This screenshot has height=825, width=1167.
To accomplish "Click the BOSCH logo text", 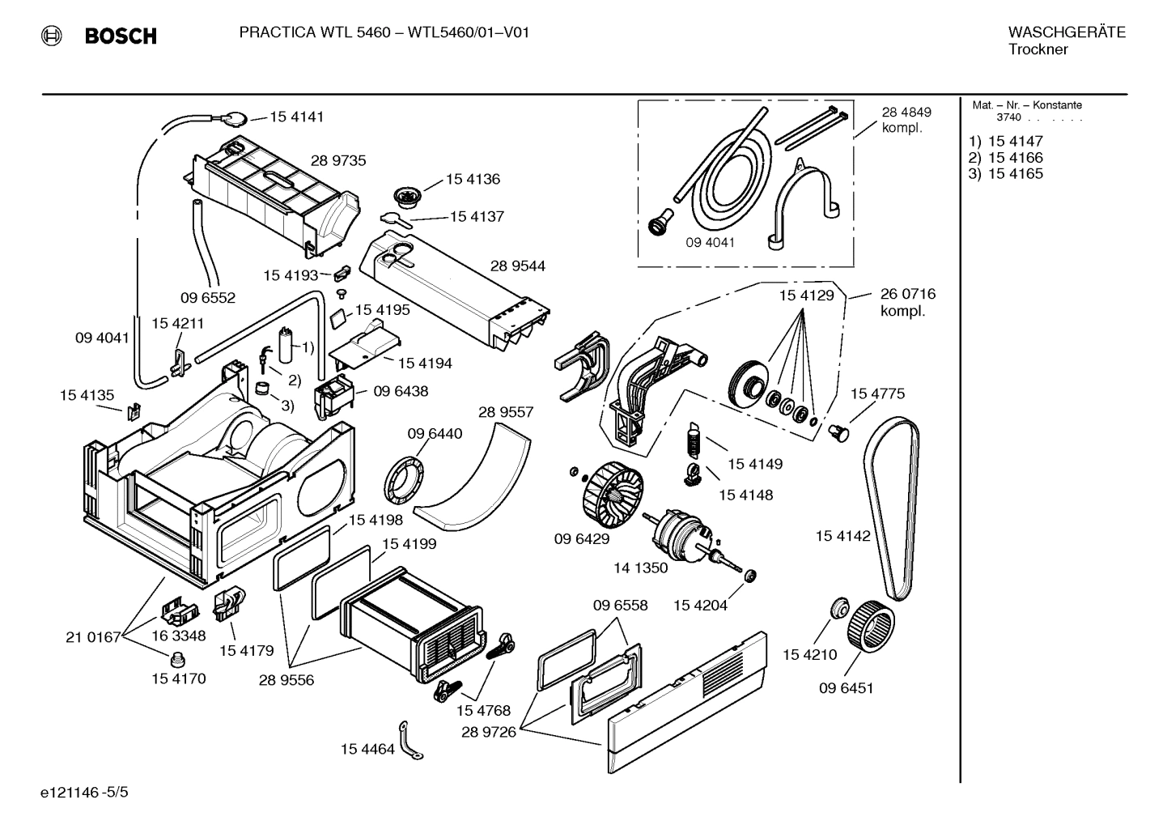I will coord(120,36).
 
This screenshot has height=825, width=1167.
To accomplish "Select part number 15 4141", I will coord(296,117).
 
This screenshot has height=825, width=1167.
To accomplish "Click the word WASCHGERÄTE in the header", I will coord(1066,32).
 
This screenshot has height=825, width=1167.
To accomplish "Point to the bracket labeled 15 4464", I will coord(410,742).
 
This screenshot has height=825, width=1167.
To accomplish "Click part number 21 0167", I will coord(92,637).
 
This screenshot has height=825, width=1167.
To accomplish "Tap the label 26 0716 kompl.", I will coord(907,302).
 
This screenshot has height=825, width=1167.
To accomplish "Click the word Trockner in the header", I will coord(1038,49).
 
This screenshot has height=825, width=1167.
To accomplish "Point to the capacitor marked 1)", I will coord(286,345).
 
